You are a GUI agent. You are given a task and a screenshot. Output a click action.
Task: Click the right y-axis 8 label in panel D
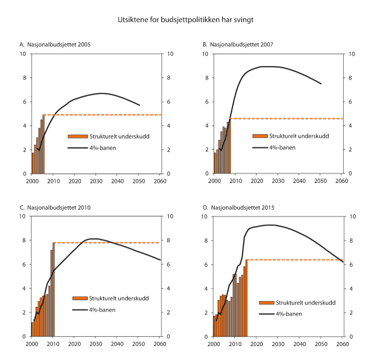tap(352, 240)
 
